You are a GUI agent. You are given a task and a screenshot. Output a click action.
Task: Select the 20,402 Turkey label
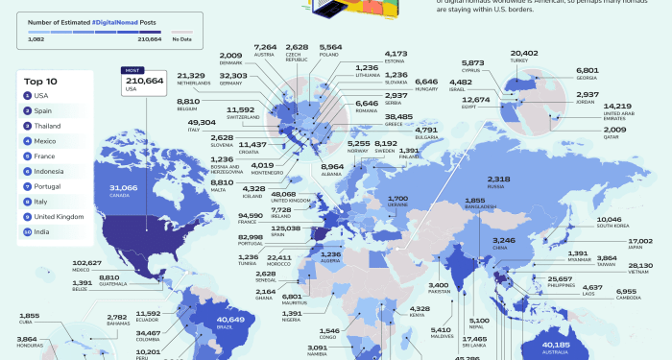pyautogui.click(x=524, y=55)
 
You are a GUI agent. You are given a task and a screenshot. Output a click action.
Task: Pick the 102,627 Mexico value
pyautogui.click(x=86, y=262)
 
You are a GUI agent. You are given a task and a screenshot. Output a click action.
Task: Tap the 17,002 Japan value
pyautogui.click(x=639, y=242)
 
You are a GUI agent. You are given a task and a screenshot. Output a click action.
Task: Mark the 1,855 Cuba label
pyautogui.click(x=29, y=317)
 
